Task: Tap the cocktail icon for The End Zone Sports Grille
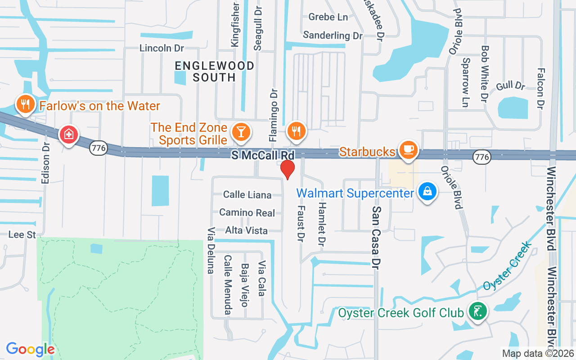241,131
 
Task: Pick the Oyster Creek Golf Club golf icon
477,310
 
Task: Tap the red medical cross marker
69,134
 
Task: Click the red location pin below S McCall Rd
287,169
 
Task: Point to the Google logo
30,349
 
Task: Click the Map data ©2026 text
538,354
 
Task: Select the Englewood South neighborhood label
215,72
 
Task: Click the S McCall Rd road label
262,155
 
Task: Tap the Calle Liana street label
247,195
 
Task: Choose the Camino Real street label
247,212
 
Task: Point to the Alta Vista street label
247,230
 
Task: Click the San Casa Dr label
377,238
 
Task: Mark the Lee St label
22,234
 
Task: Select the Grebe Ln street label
328,17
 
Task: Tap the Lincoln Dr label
162,48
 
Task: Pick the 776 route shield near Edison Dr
98,147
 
